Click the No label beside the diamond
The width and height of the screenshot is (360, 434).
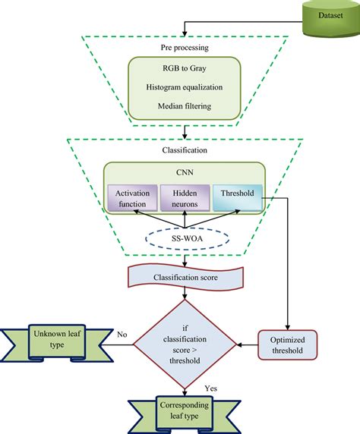coord(122,333)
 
